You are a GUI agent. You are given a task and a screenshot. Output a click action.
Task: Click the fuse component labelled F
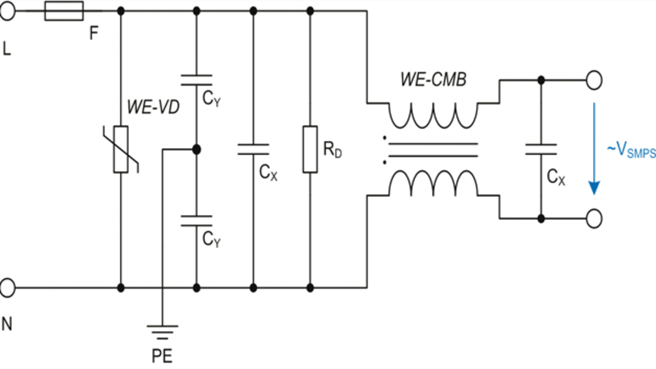coord(64,11)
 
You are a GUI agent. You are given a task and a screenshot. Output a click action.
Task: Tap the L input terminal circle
coord(6,11)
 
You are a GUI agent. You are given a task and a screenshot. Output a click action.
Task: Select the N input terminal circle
coord(6,287)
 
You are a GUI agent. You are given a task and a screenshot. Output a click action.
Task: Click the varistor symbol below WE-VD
coord(122,149)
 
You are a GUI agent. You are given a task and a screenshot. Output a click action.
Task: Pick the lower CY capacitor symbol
coord(197,221)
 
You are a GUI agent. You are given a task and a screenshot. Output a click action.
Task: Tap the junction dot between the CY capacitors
coord(197,149)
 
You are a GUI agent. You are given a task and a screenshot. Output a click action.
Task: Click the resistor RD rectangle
coord(310,149)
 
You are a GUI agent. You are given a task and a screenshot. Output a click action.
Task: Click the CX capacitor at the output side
coord(541,149)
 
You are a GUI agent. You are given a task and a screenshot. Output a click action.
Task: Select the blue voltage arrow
coord(592,149)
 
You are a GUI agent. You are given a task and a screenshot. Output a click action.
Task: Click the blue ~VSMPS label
coord(630,149)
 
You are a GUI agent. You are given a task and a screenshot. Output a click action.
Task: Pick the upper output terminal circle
coord(593,81)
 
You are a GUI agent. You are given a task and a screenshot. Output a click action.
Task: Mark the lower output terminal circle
coord(593,218)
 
